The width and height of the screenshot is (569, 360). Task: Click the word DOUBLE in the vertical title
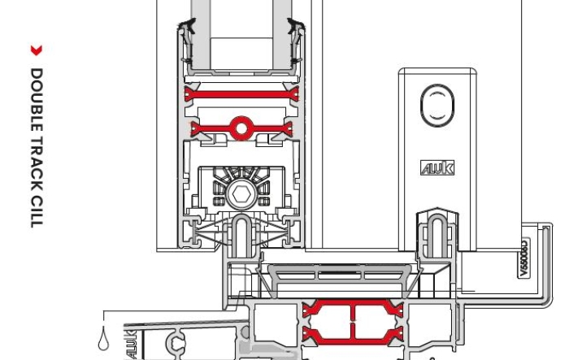[36, 97]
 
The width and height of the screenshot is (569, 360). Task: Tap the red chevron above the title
[36, 50]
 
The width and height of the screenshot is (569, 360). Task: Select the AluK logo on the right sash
[437, 168]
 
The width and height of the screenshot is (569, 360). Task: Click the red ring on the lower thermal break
[241, 127]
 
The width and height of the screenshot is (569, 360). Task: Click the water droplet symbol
[103, 340]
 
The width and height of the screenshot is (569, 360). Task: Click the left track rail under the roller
[242, 235]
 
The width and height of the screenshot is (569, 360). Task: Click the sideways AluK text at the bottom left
[130, 343]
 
